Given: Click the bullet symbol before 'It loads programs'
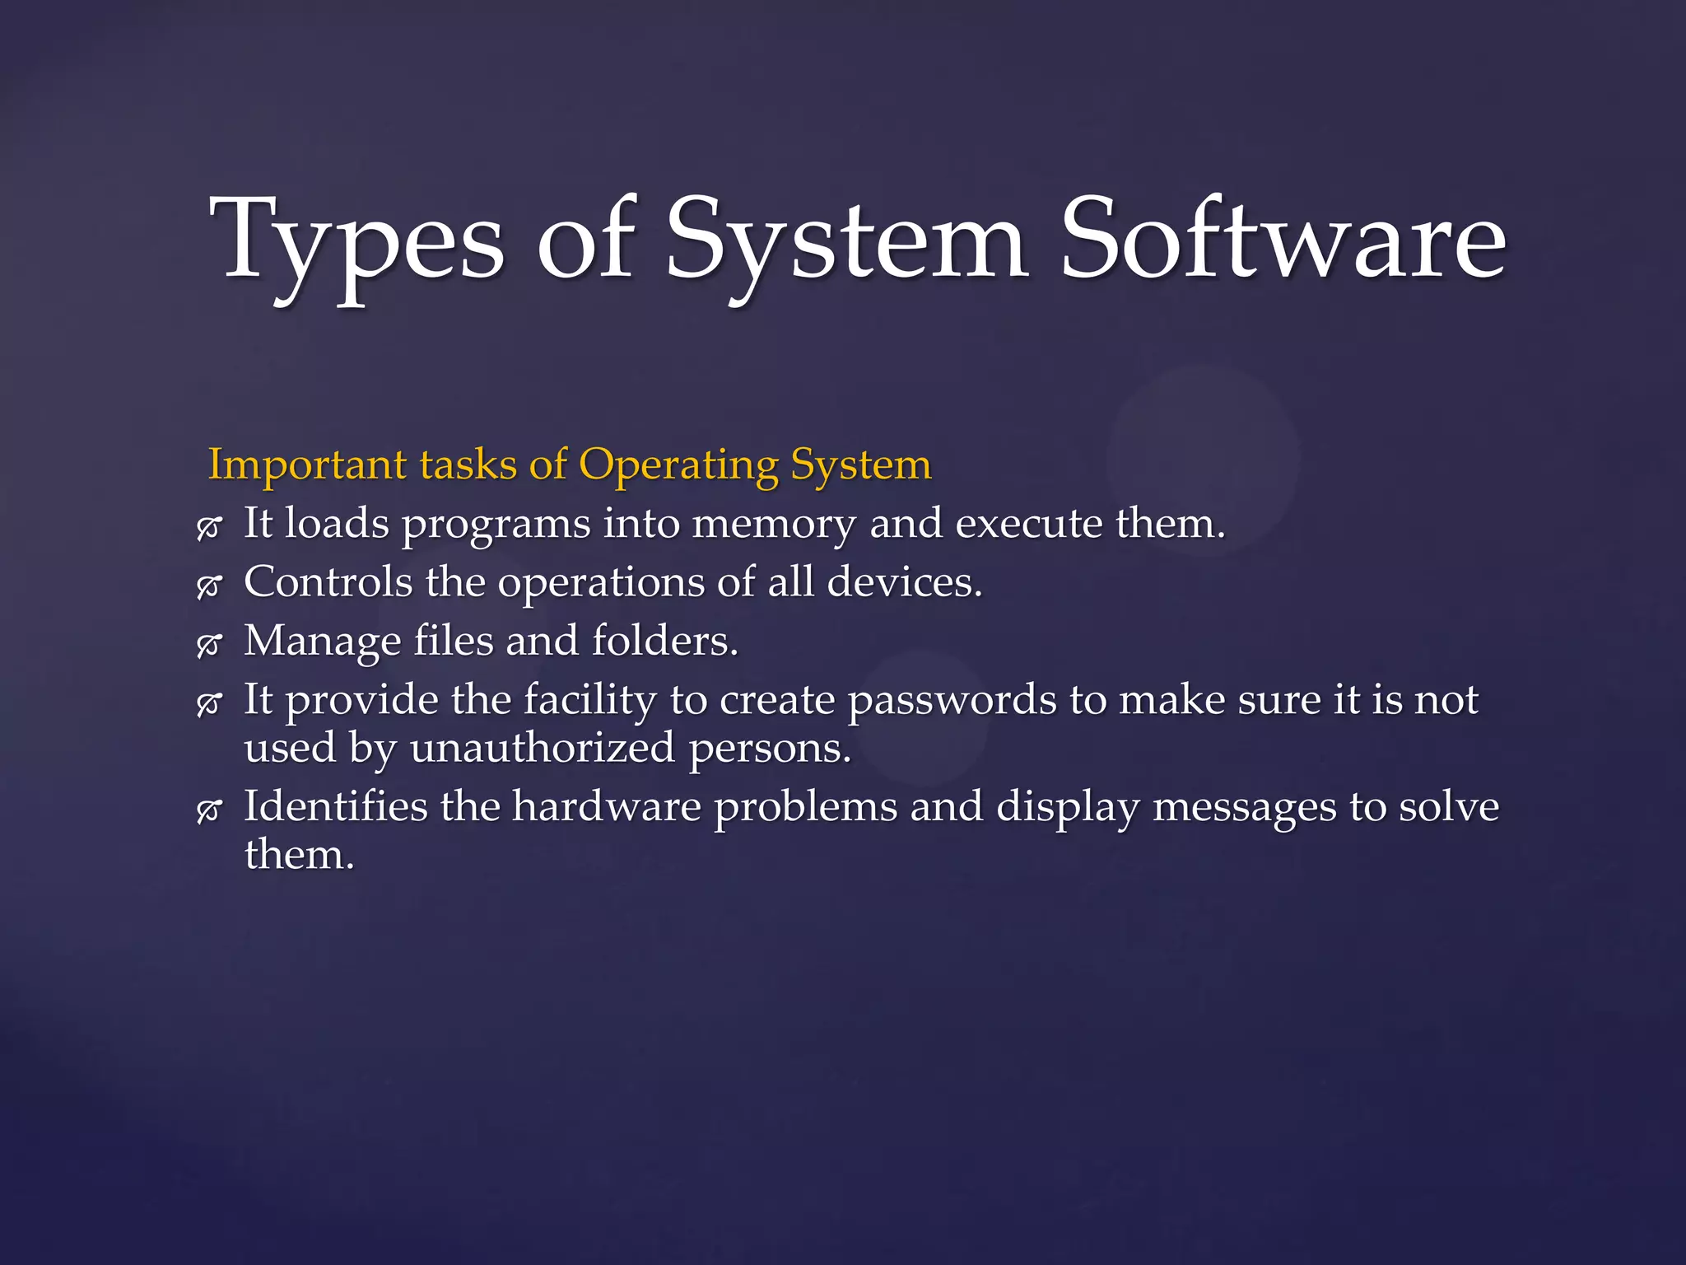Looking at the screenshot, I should (x=209, y=527).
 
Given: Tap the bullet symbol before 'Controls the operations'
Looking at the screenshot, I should (x=209, y=586).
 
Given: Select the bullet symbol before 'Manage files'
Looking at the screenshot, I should (x=209, y=645).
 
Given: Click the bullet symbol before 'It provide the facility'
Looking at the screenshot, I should (x=209, y=703).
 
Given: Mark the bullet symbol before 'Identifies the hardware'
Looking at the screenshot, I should (x=209, y=810).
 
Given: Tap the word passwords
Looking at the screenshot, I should (x=952, y=701).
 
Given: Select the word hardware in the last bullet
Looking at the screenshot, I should (x=607, y=806).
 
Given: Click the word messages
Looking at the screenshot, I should (x=1244, y=808).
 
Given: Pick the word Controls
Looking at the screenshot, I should (x=328, y=582).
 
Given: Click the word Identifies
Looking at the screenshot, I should (x=335, y=806).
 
